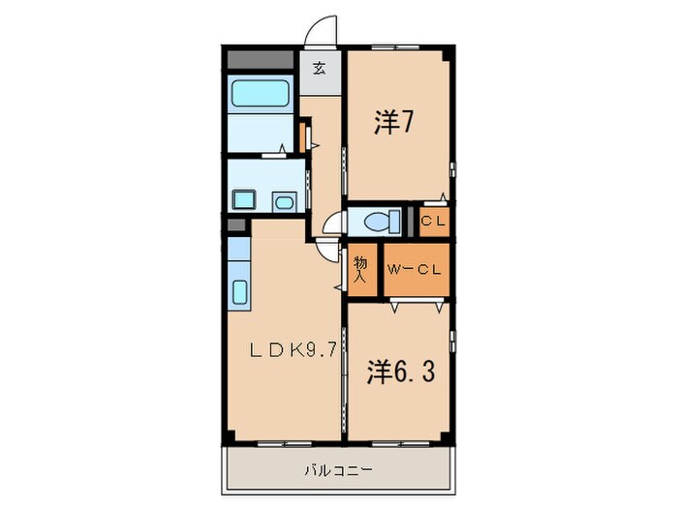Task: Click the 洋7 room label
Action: click(395, 124)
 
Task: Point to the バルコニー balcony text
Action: click(339, 470)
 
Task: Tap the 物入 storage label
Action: click(361, 269)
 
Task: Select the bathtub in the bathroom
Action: click(260, 94)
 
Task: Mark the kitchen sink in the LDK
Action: click(239, 290)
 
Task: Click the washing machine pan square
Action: click(243, 200)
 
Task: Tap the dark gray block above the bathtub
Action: click(260, 57)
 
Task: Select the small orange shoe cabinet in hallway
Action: click(302, 135)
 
